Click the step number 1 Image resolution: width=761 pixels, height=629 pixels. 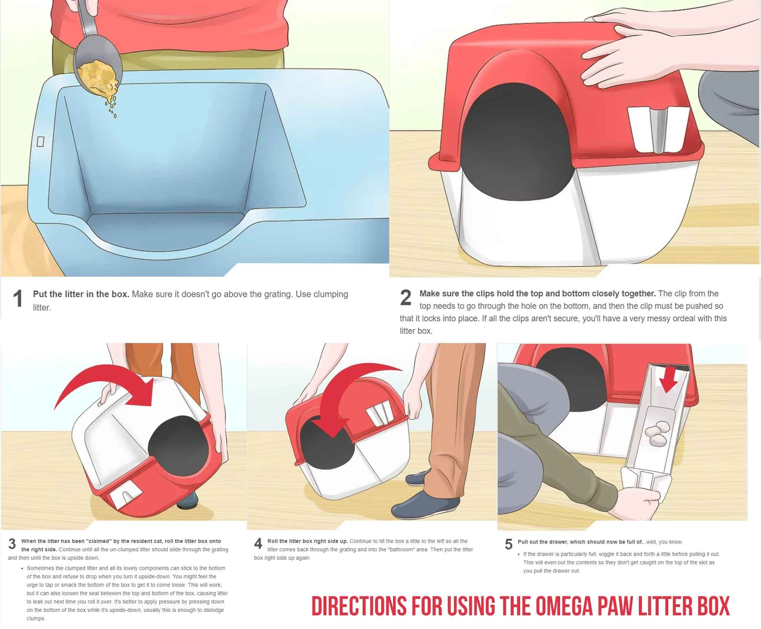(x=18, y=299)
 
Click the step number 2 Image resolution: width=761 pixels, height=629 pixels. (x=406, y=298)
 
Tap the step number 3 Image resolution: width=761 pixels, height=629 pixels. (x=12, y=544)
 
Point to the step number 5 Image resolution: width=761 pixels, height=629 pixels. (x=509, y=544)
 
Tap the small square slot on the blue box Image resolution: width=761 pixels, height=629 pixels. (x=41, y=142)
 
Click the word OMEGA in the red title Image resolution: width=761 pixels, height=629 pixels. (x=564, y=606)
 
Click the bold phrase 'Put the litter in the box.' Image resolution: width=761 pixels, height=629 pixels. (x=81, y=294)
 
